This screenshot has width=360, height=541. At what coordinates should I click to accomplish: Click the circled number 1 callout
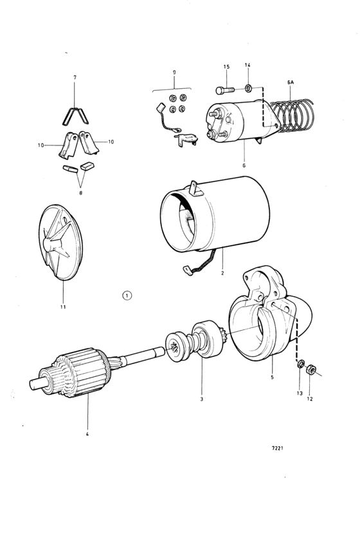(127, 295)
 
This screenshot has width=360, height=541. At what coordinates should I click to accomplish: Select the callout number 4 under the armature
(87, 434)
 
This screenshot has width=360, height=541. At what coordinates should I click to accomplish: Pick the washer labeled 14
(249, 87)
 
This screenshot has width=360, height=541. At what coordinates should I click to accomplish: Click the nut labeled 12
(309, 369)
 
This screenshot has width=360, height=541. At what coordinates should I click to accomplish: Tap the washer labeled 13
(299, 365)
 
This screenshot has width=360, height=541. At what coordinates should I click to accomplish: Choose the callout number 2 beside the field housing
(221, 272)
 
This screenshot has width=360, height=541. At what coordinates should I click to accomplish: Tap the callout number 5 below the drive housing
(272, 378)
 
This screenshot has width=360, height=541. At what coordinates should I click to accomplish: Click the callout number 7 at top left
(75, 78)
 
